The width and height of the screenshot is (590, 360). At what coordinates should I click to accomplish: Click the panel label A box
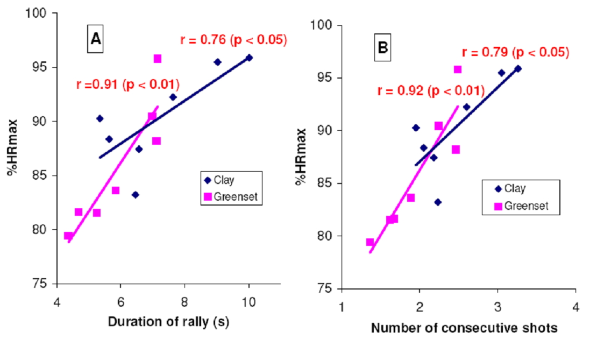96,40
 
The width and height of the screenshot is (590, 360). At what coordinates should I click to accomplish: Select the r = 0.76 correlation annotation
233,40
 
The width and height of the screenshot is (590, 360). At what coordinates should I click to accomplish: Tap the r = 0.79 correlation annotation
515,52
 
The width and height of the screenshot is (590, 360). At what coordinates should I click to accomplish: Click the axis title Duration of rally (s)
169,322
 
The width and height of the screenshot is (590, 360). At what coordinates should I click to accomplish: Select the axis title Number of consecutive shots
464,328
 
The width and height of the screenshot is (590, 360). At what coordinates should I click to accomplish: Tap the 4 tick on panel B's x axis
575,307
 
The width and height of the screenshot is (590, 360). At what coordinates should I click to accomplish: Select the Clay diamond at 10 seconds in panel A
248,58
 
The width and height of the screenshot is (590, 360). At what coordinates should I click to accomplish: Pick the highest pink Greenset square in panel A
158,59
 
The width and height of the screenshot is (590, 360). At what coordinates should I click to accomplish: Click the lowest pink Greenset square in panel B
370,242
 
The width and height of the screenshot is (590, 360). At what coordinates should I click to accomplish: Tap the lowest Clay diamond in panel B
438,202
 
